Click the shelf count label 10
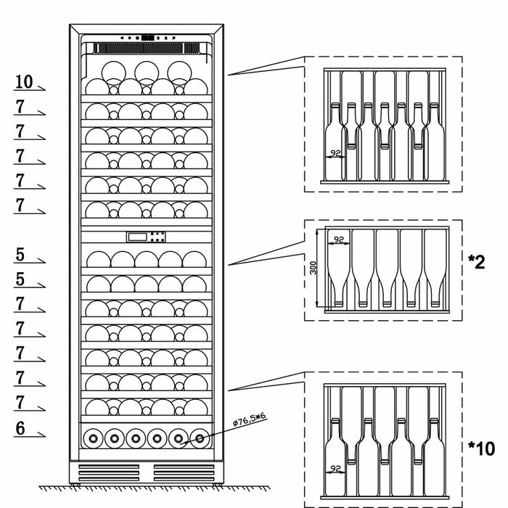(x=24, y=81)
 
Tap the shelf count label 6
(x=20, y=429)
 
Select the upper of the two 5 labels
(x=20, y=255)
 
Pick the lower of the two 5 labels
(x=20, y=279)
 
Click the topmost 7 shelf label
(x=20, y=107)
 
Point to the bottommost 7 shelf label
(x=20, y=402)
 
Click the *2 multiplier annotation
(x=476, y=262)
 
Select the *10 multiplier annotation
(x=480, y=449)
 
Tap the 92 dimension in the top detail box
(x=335, y=153)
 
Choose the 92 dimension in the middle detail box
(x=337, y=238)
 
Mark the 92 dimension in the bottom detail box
(x=335, y=469)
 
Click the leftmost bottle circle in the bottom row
(x=92, y=438)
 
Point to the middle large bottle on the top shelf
(x=146, y=71)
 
